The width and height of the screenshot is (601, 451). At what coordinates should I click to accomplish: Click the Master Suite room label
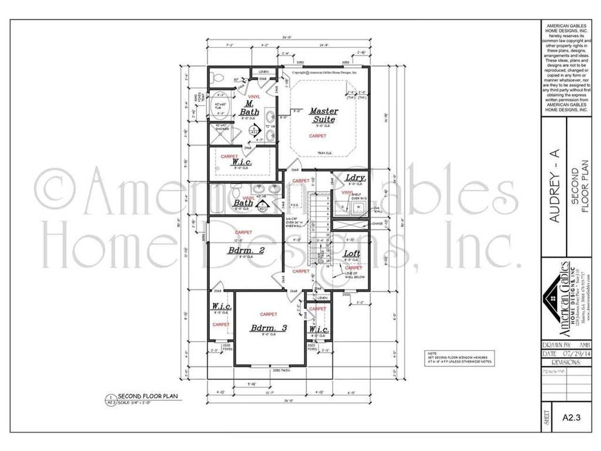(x=324, y=115)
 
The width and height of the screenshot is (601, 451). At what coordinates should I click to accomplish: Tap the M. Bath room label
(x=249, y=108)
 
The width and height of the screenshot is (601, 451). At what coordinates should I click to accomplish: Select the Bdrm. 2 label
(x=246, y=250)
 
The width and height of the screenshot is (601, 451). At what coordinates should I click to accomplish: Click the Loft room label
(x=352, y=254)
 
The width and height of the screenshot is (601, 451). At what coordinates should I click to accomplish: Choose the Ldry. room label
(x=355, y=178)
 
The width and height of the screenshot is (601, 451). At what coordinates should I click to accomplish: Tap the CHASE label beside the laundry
(x=378, y=224)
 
